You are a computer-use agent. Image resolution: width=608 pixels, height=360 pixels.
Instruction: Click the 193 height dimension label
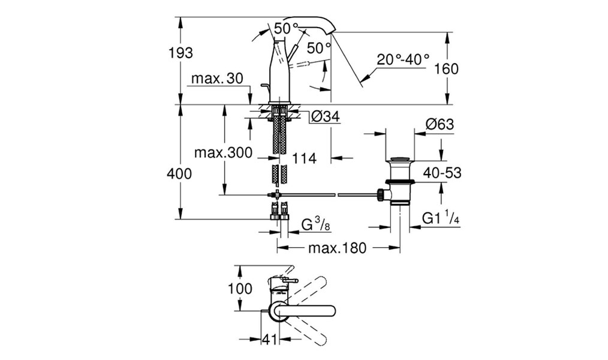tap(180, 52)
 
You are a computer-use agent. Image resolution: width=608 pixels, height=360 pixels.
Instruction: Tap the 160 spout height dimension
tap(446, 69)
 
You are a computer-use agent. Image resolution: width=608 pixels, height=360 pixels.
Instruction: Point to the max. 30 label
tap(217, 79)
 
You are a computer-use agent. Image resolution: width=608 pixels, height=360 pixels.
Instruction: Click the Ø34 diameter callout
tap(326, 116)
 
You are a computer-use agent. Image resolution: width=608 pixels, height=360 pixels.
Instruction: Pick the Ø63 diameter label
tap(440, 124)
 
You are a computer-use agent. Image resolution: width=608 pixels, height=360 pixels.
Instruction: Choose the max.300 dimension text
tap(223, 152)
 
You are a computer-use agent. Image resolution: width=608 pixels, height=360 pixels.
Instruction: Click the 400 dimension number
tap(179, 173)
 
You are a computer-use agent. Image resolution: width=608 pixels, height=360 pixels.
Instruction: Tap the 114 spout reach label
tap(304, 158)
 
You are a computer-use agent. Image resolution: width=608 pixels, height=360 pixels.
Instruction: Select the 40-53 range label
tap(442, 173)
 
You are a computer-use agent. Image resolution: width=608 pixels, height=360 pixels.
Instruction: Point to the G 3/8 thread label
tap(315, 225)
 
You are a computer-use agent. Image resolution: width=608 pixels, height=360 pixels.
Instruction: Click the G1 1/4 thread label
tap(441, 219)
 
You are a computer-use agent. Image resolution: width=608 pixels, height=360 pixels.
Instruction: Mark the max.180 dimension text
tap(337, 247)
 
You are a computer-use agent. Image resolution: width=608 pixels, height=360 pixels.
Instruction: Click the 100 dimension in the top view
tap(240, 289)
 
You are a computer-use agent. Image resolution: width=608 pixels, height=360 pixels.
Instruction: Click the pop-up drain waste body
tap(400, 181)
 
